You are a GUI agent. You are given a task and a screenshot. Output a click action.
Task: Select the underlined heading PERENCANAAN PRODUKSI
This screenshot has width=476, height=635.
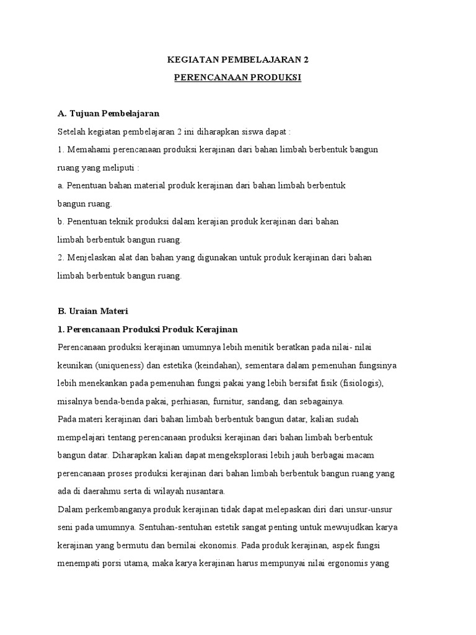[x=237, y=78]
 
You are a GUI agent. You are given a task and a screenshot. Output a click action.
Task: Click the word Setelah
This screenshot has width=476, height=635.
[x=71, y=132]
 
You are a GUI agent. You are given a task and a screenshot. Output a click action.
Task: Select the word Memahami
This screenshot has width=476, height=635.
[x=87, y=150]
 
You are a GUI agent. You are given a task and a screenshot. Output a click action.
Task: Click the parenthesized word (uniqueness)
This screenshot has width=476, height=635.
[x=115, y=364]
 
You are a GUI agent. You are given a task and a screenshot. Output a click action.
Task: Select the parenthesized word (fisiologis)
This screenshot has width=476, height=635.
[x=361, y=382]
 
